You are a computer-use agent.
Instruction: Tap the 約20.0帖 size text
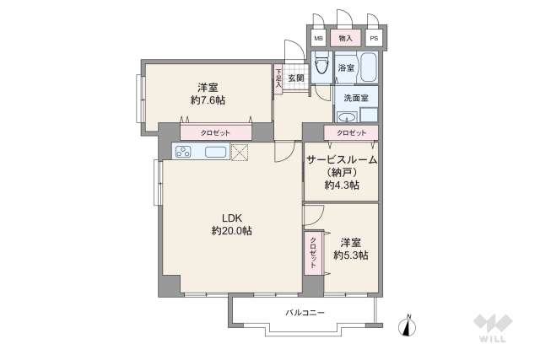[231, 230]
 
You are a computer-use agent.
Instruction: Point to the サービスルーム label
[341, 159]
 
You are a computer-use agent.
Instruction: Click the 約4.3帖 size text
[341, 185]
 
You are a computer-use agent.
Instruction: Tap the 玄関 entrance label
[295, 78]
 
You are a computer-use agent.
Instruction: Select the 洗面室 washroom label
[355, 98]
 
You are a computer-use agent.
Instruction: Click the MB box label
[318, 39]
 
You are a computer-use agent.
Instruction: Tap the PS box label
[373, 39]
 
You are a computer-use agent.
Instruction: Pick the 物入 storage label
[346, 39]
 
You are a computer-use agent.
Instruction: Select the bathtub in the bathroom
[369, 67]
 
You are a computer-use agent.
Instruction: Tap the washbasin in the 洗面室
[353, 116]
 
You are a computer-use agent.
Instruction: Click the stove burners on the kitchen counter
[184, 152]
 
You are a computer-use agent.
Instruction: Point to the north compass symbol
[408, 325]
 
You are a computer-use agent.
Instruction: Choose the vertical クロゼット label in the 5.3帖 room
[312, 252]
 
